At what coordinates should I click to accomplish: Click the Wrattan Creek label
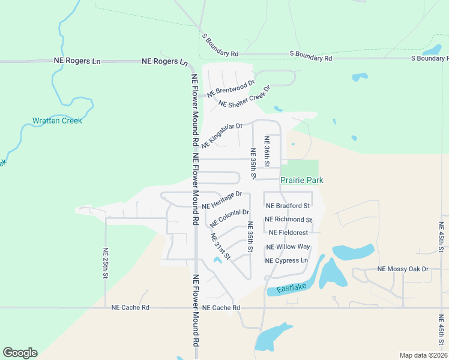[x=57, y=121]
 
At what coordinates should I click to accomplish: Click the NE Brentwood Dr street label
[x=231, y=88]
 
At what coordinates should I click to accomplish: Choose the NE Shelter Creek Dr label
[x=245, y=96]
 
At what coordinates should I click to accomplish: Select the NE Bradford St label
[x=288, y=205]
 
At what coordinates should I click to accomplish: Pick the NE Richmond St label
[x=288, y=220]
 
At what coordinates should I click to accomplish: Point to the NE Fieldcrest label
[x=288, y=232]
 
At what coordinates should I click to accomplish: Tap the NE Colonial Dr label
[x=229, y=217]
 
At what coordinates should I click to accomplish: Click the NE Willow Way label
[x=288, y=247]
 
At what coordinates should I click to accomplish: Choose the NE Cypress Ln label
[x=287, y=260]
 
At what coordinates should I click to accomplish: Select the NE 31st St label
[x=220, y=246]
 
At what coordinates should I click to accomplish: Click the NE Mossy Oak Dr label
[x=403, y=269]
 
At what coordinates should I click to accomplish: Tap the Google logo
[x=20, y=353]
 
